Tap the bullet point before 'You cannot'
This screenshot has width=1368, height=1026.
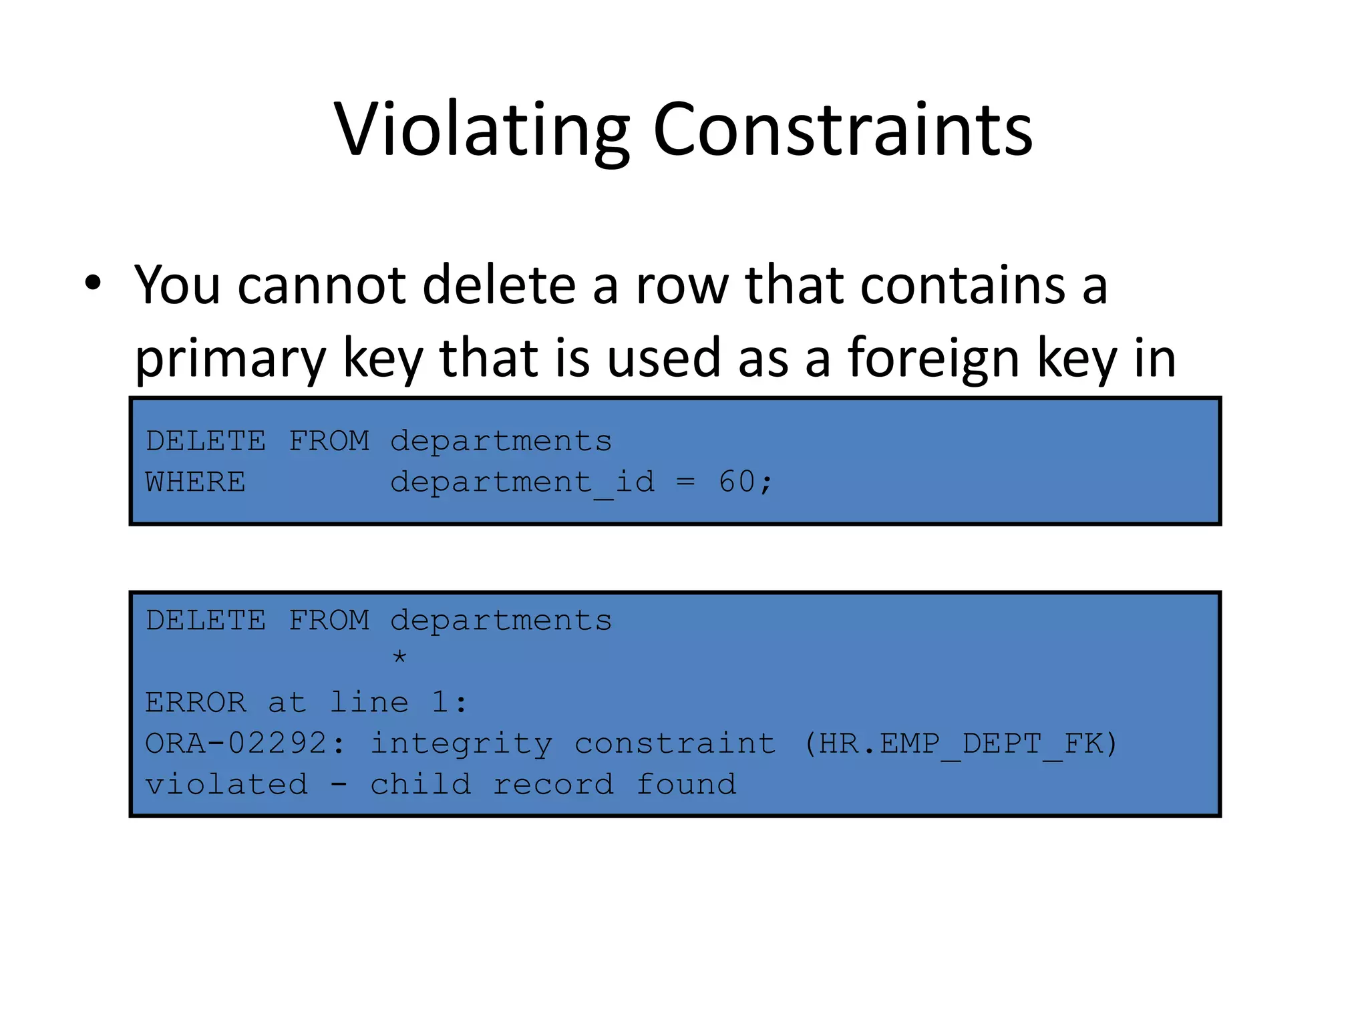[93, 283]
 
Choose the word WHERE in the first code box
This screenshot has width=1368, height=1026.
[196, 482]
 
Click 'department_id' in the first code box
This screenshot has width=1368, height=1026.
[522, 482]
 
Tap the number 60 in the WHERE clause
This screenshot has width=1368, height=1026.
[737, 482]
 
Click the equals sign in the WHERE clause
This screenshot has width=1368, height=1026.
[685, 482]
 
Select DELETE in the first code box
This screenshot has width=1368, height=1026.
[206, 441]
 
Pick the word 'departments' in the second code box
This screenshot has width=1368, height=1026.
[501, 621]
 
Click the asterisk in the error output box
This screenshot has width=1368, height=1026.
[399, 657]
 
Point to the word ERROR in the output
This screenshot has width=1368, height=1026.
[196, 703]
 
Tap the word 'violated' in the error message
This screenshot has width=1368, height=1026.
[226, 785]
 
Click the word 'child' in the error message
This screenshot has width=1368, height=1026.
[421, 785]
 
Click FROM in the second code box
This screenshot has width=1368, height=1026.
[329, 621]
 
